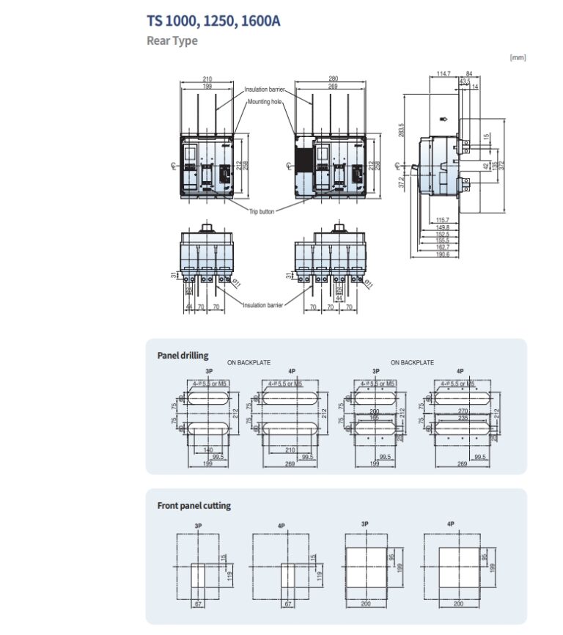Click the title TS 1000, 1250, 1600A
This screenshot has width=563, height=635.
(x=213, y=21)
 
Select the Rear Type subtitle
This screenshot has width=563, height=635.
(x=172, y=41)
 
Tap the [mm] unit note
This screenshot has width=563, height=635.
(x=518, y=57)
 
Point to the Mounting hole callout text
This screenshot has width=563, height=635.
(x=265, y=102)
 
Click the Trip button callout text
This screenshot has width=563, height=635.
(x=262, y=211)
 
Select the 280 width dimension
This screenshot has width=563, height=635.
(x=334, y=79)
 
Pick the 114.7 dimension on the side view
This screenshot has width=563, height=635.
(x=444, y=73)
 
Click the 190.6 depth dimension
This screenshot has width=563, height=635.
(x=441, y=254)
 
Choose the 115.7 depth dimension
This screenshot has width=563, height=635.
(x=441, y=220)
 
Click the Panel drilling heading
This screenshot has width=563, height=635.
(x=183, y=356)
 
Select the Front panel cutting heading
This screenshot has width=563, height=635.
(x=194, y=506)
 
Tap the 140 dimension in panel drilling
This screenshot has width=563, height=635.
(x=208, y=449)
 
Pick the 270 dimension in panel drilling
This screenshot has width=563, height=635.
(x=462, y=412)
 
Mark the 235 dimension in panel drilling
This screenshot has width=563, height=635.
(x=462, y=419)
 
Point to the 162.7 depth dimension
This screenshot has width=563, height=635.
(x=441, y=247)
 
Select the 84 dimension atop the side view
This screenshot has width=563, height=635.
(x=468, y=73)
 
